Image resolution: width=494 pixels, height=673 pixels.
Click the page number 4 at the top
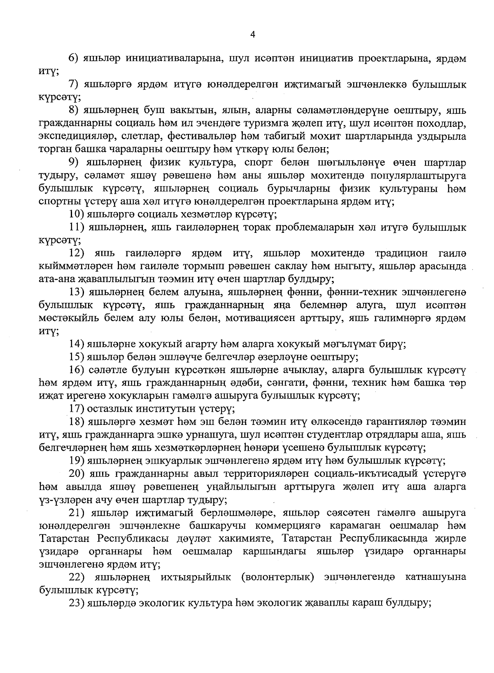click(253, 35)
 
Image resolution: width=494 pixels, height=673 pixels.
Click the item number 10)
click(77, 214)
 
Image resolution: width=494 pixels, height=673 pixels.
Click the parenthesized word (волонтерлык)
click(278, 577)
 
